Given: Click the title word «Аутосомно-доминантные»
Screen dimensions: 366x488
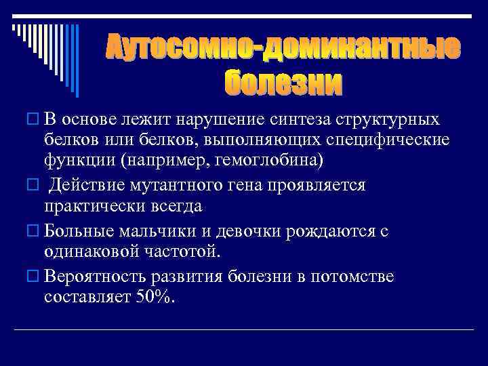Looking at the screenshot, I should [x=283, y=49].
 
